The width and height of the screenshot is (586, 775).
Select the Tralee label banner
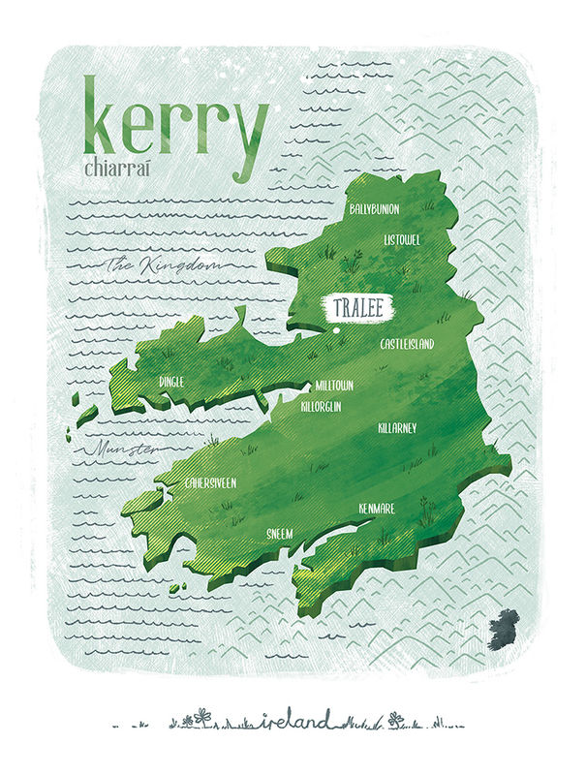[x=357, y=308]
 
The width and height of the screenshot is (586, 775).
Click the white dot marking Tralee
[x=334, y=329]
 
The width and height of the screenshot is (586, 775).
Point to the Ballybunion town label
[x=374, y=208]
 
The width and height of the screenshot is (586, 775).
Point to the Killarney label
[x=397, y=427]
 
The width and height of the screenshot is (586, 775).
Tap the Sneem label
[x=279, y=533]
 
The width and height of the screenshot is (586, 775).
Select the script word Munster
[x=121, y=450]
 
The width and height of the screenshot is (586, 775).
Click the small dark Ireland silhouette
[x=503, y=628]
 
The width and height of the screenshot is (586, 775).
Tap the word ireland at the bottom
[x=295, y=719]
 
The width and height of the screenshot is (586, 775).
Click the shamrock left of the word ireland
[x=201, y=717]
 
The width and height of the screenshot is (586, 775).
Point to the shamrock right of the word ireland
[x=395, y=719]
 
